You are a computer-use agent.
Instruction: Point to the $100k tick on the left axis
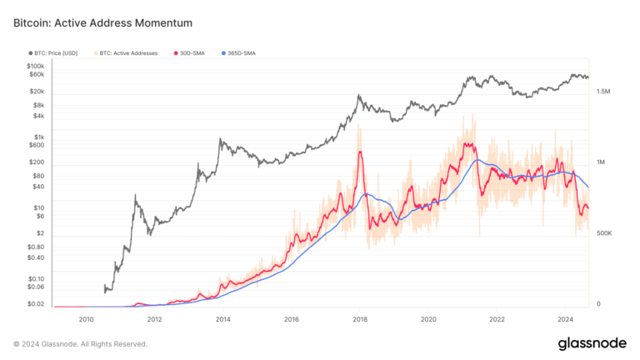click(35, 66)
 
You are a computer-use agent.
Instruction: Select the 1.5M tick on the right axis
click(605, 92)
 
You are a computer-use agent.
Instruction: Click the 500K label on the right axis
click(605, 234)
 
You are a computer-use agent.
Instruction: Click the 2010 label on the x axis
click(86, 319)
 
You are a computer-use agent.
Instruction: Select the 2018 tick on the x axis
click(360, 319)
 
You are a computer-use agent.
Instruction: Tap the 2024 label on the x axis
click(565, 319)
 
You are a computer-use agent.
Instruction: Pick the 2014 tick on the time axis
click(222, 319)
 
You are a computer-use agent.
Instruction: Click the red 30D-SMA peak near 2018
click(360, 152)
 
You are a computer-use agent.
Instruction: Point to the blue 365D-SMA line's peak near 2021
click(478, 159)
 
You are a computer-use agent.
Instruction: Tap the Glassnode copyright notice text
click(81, 343)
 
